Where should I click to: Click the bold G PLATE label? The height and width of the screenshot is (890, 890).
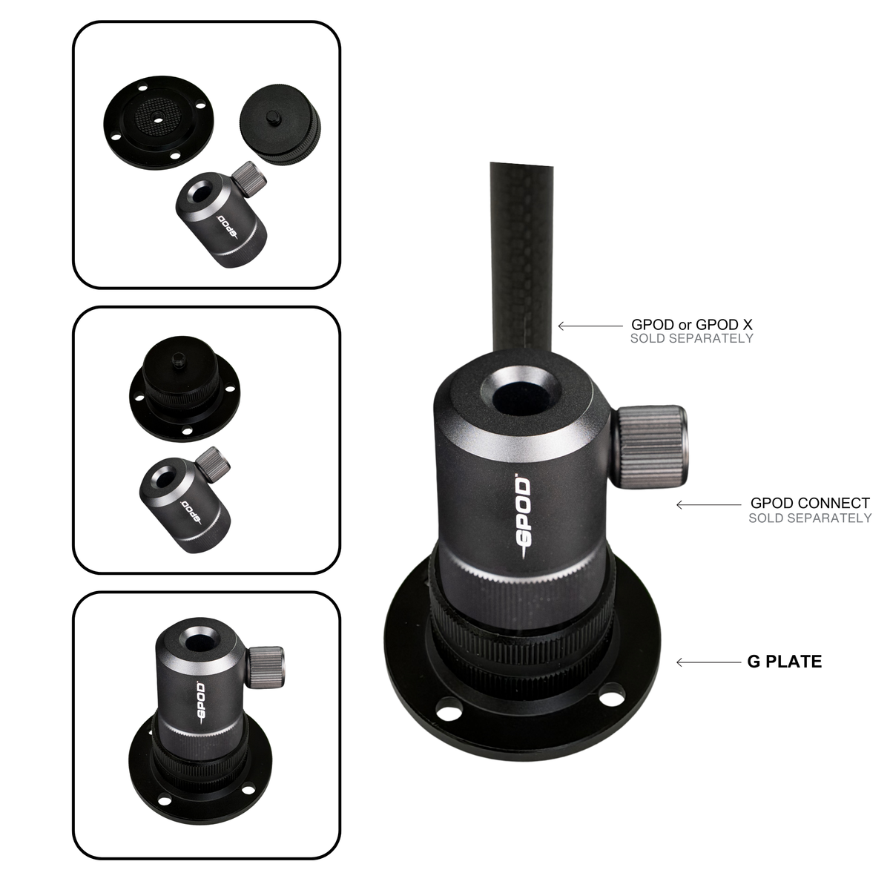click(784, 662)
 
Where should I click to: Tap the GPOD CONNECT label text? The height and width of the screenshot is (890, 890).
click(810, 503)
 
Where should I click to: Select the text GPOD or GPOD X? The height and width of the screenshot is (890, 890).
click(692, 325)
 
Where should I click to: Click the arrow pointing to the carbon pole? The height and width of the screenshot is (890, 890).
click(590, 326)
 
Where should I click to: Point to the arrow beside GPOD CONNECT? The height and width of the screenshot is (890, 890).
click(708, 505)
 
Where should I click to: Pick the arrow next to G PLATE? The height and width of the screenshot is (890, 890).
click(708, 662)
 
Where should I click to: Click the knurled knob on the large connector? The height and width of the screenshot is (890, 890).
click(650, 446)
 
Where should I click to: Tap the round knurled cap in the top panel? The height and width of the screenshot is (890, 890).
click(280, 125)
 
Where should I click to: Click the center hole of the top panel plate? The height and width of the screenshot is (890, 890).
click(158, 119)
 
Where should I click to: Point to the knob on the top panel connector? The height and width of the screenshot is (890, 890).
click(250, 178)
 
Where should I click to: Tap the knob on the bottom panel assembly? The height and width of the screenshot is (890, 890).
click(266, 667)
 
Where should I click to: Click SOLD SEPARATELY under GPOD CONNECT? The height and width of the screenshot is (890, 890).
click(810, 518)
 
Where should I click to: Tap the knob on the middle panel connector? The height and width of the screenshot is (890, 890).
click(213, 463)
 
